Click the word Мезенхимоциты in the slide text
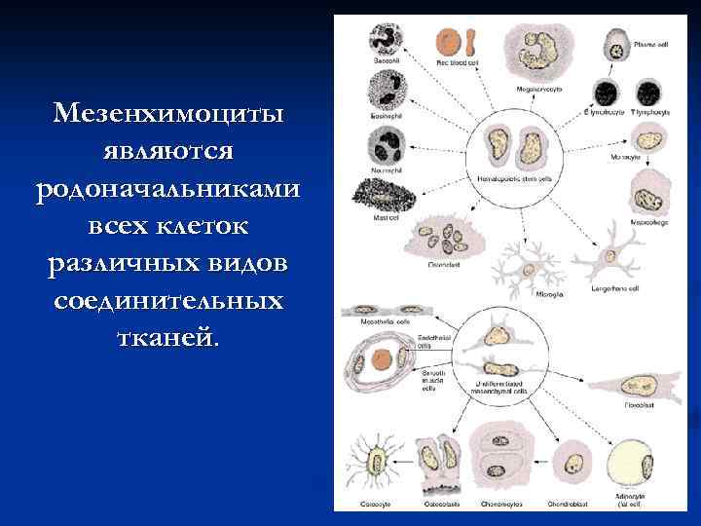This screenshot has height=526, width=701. (x=168, y=115)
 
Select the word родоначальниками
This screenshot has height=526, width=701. (x=168, y=189)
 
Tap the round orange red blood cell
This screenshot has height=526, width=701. (x=449, y=42)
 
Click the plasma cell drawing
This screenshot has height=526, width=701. (x=619, y=46)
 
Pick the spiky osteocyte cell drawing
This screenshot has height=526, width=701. (x=372, y=462)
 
